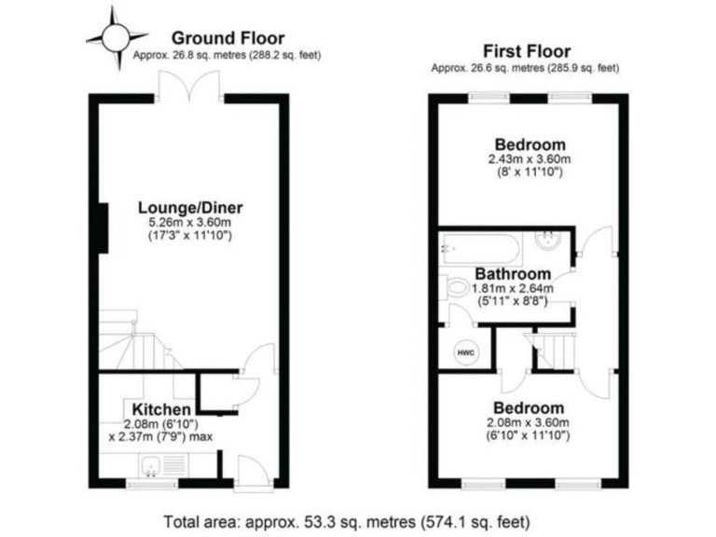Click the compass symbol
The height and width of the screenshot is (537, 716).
click(116, 37)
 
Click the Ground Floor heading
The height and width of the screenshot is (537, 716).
click(227, 38)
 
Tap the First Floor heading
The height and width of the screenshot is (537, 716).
click(527, 51)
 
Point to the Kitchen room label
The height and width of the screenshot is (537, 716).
click(162, 409)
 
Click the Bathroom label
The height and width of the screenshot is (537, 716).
click(512, 274)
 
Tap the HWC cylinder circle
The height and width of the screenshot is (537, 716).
click(464, 352)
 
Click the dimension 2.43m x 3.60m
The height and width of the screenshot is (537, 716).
click(529, 159)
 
